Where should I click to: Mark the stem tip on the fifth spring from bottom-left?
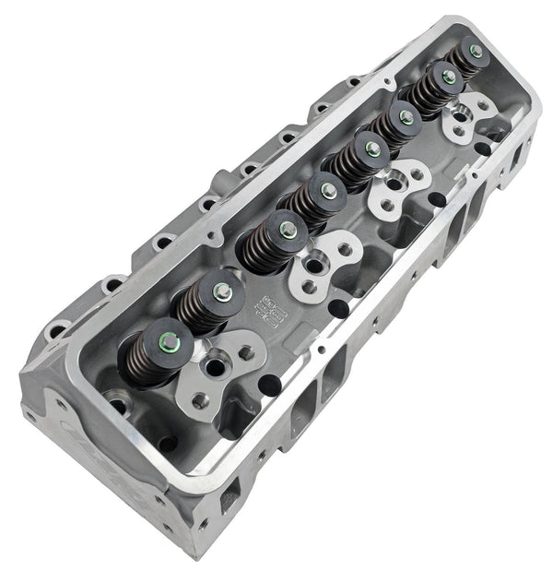371,148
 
